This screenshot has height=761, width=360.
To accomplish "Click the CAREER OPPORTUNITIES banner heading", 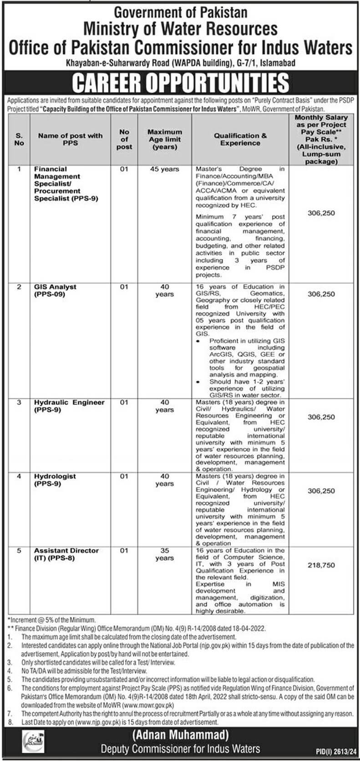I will click(180, 83).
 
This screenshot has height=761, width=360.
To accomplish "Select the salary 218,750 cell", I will click(321, 565).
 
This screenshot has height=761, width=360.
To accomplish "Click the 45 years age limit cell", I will click(164, 169).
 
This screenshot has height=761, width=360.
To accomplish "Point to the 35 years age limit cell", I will click(164, 554).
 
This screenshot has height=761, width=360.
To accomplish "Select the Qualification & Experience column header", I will click(240, 139).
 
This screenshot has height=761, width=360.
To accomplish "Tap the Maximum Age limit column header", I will click(164, 139).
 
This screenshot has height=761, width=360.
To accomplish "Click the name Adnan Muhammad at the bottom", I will click(180, 734).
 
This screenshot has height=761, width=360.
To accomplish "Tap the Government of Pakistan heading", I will click(180, 11).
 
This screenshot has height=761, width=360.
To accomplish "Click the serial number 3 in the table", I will click(19, 403).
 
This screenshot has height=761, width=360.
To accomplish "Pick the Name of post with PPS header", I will click(70, 139).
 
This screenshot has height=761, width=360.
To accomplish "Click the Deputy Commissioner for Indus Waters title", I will click(180, 749).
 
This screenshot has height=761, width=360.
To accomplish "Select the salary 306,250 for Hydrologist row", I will click(321, 491).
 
